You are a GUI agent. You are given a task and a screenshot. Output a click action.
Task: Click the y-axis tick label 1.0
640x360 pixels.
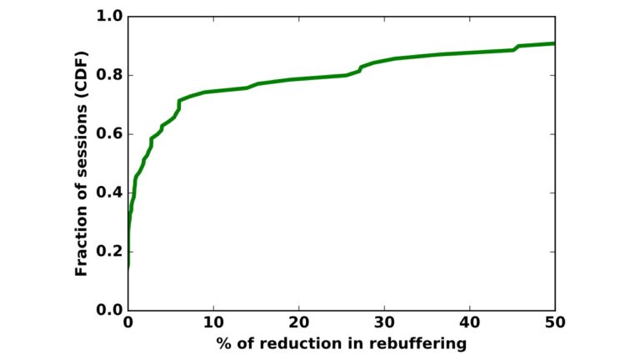click(x=109, y=17)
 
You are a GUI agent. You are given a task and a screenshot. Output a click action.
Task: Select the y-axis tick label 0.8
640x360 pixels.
click(x=109, y=75)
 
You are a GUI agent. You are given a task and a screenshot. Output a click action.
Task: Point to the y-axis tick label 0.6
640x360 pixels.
click(x=109, y=134)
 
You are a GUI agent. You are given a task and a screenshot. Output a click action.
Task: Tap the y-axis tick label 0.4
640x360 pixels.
click(x=109, y=192)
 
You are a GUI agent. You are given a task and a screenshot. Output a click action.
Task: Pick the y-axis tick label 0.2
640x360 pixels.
click(x=109, y=252)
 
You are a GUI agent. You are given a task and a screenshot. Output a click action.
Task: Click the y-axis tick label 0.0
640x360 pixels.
click(x=109, y=310)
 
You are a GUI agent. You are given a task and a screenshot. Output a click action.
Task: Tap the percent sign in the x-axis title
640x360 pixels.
click(x=224, y=342)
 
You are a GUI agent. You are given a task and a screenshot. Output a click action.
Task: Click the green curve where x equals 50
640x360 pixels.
click(x=554, y=43)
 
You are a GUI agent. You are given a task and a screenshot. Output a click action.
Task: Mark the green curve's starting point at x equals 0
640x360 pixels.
click(x=128, y=268)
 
